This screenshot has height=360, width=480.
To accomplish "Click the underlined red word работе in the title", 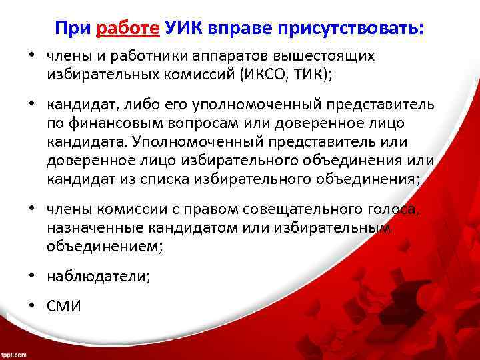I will click(x=128, y=28).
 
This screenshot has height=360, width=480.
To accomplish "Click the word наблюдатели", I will click(x=99, y=276).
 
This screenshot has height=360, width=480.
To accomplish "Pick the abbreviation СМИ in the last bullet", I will click(x=63, y=306).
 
